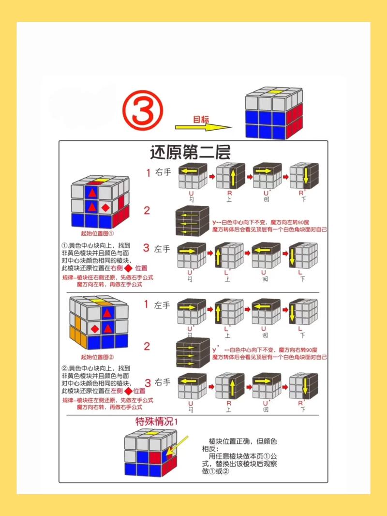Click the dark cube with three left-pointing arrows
[193, 221]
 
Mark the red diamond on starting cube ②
[95, 329]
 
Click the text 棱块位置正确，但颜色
[242, 441]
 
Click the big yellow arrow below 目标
[203, 128]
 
